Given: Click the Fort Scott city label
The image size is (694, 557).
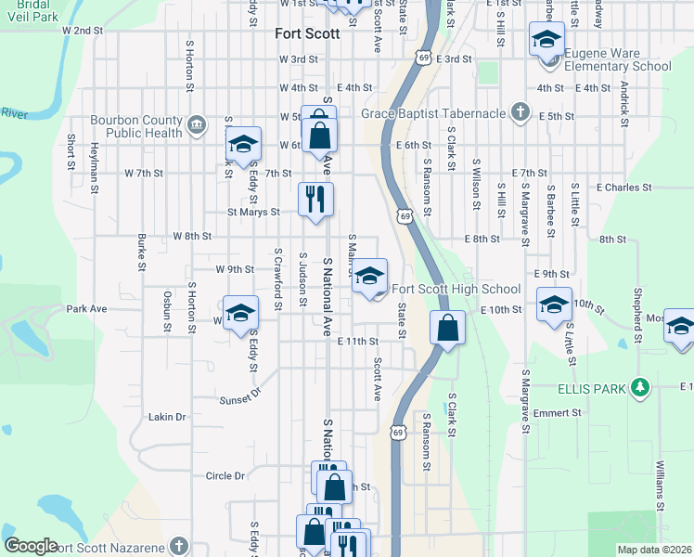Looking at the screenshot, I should coord(308,33).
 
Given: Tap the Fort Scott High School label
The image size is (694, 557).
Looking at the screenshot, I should coord(456,289).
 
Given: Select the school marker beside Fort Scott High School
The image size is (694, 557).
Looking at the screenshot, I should coord(369,277).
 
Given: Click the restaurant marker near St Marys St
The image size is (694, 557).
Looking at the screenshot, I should coord(315,199).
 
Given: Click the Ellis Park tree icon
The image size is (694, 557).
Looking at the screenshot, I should coord(639,386).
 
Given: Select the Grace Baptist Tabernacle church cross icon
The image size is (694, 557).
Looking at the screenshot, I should coord(520,113).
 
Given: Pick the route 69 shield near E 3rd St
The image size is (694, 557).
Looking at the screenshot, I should coord(422,57).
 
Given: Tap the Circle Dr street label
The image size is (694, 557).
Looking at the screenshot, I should coord(225,475).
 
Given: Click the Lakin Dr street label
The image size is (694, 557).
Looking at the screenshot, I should coord(167,418).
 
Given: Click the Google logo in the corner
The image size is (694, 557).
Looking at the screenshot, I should coord(31,546).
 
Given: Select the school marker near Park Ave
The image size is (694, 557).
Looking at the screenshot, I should coord(239,313).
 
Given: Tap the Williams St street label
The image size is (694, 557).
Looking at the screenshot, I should coord(661,477).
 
